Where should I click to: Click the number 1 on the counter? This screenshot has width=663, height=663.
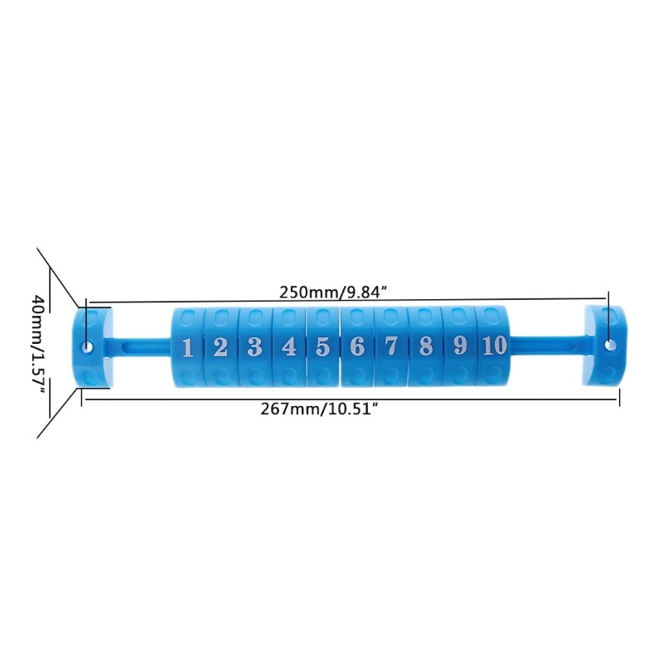tap(187, 348)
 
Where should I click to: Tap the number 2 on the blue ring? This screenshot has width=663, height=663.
tap(220, 347)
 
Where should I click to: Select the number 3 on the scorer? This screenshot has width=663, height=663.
tap(254, 347)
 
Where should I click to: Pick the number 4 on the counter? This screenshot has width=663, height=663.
tap(288, 347)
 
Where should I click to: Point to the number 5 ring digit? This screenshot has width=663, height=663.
tap(322, 346)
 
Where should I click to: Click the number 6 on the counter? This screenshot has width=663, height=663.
tap(357, 346)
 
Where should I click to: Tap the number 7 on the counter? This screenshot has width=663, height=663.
tap(391, 346)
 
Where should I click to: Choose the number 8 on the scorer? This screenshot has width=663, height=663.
tap(426, 346)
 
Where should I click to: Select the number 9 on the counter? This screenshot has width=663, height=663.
tap(460, 346)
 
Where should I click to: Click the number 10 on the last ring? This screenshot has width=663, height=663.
tap(494, 345)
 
